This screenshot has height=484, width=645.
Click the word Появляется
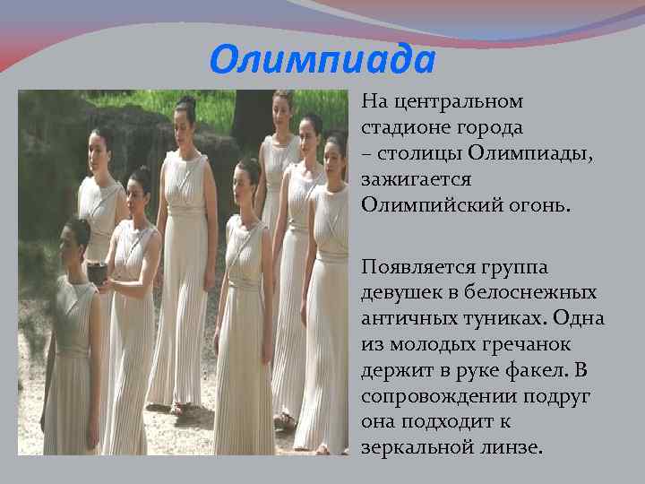(x=412, y=267)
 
